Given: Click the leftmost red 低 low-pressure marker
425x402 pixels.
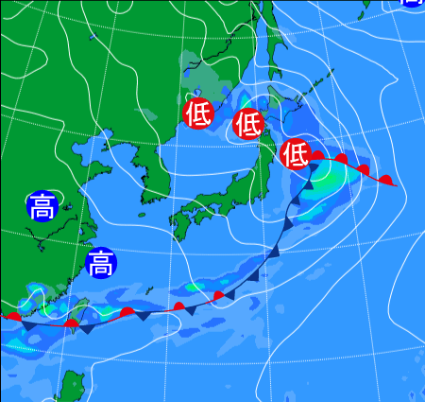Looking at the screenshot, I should (198, 114).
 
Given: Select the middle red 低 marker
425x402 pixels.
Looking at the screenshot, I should (247, 123).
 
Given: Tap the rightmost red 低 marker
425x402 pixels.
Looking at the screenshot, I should (296, 152).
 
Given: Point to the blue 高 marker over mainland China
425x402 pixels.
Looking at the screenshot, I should (42, 206).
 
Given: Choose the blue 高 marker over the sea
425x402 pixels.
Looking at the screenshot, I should (100, 262).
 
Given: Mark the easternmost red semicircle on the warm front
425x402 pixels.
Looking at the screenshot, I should (385, 179).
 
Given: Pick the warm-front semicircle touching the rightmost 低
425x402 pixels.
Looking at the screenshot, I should (318, 156).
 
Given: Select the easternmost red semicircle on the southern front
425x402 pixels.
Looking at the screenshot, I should (219, 297).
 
